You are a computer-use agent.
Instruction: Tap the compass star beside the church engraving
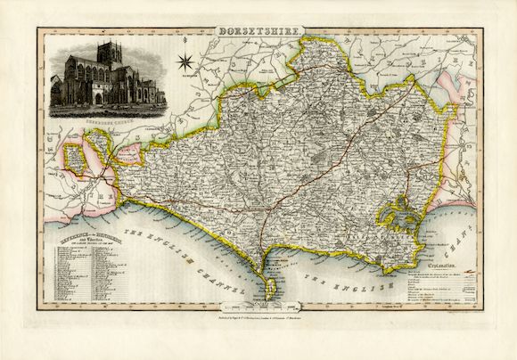pyautogui.click(x=185, y=62)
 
